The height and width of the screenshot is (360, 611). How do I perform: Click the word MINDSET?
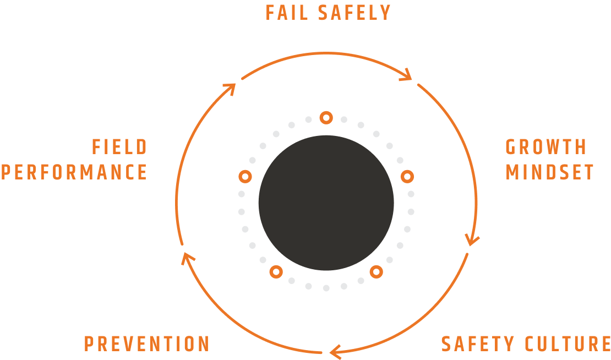(x=550, y=172)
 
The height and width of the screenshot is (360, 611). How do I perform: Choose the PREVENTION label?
(x=147, y=344)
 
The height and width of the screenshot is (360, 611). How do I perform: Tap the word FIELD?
(x=120, y=148)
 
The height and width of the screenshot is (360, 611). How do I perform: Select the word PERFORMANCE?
(x=74, y=172)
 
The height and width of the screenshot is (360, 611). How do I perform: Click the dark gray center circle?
(x=326, y=203)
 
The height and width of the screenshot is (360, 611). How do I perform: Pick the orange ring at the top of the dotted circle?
(x=326, y=117)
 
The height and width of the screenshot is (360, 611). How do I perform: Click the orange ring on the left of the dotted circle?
(x=245, y=176)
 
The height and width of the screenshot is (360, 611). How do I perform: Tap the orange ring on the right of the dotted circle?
(x=407, y=176)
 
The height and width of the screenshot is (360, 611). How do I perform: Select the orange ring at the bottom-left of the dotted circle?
(x=276, y=271)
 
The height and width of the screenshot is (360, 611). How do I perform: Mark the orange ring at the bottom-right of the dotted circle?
(x=376, y=271)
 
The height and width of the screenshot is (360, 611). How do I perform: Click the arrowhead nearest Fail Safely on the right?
(x=407, y=75)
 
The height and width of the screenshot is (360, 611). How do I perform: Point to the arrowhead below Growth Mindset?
(x=472, y=241)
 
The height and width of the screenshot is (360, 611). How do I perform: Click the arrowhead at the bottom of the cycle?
(x=335, y=350)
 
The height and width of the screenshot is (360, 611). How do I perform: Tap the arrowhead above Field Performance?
(x=230, y=88)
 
